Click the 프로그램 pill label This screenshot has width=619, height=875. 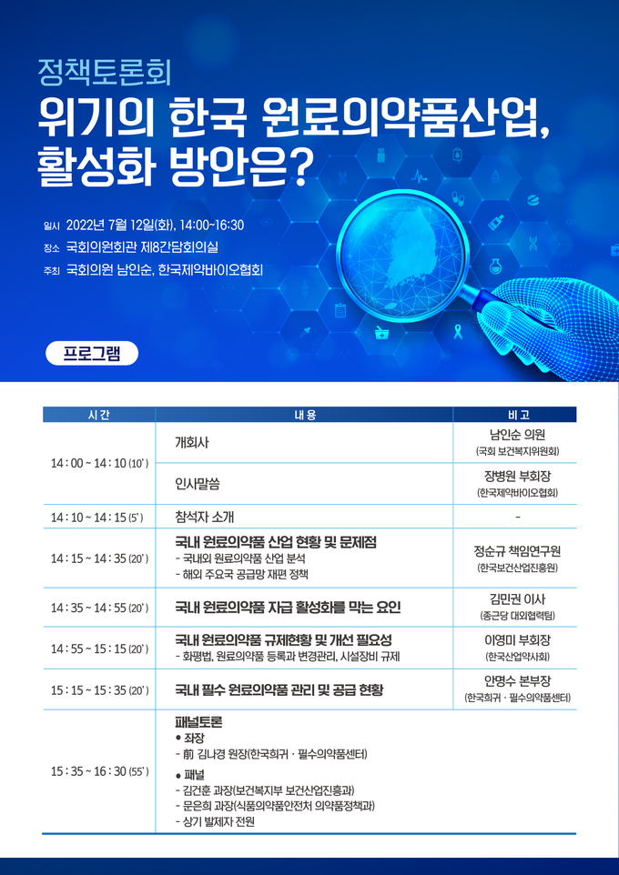click(92, 353)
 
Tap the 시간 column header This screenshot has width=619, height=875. click(99, 415)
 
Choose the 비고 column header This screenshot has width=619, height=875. click(514, 415)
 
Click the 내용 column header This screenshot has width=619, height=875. click(304, 415)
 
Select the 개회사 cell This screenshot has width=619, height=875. click(192, 443)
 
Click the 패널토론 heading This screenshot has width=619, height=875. click(198, 722)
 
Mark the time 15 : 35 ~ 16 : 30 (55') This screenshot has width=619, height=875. click(99, 771)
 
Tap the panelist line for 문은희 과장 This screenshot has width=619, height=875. click(275, 806)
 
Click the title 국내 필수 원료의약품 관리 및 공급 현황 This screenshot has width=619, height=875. click(279, 690)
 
